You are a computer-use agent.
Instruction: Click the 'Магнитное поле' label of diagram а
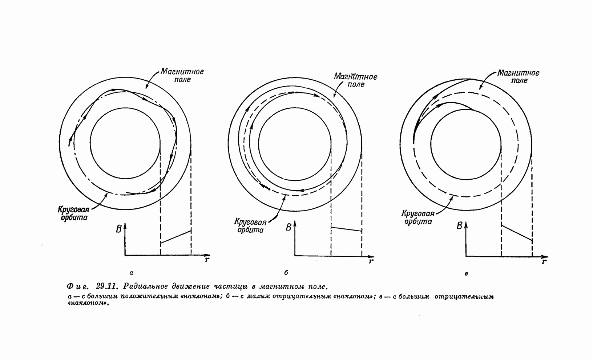coord(182,76)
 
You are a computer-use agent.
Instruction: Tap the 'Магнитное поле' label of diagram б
coord(355,80)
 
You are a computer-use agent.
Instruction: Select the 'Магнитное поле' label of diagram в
coord(519,77)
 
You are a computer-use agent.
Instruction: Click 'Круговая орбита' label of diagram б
coord(250,226)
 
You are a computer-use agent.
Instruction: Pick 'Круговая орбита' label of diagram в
coord(418,217)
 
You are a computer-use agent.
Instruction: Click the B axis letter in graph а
coord(118,229)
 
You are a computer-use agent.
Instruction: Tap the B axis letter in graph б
coord(288,228)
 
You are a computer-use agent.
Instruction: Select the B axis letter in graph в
coord(460,226)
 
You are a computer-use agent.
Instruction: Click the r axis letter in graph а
coord(207,259)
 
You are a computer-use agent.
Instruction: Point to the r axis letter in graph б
coord(371,261)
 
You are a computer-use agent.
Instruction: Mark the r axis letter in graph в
coord(544,262)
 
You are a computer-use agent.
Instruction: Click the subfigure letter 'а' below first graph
coord(131,273)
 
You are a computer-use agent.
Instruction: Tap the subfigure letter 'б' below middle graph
coord(286,272)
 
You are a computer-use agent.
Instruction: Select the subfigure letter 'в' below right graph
coord(466,274)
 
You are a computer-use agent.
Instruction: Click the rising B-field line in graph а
coord(176,237)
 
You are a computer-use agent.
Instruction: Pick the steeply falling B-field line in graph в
coord(517,233)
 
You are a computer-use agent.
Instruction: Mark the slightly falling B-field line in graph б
coord(346,229)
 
